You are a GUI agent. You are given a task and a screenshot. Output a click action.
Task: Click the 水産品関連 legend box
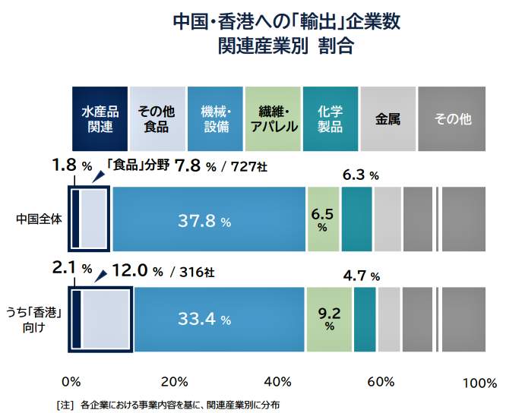100,119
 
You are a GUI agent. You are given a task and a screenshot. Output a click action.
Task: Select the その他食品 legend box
157,119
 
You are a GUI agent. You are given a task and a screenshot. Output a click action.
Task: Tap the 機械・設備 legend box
216,119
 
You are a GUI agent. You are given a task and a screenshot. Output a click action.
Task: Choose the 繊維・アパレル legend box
274,119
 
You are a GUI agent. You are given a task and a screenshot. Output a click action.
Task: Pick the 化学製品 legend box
331,119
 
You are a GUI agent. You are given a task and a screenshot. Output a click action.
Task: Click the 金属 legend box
388,119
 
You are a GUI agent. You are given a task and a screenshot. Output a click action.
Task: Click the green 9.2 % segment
329,320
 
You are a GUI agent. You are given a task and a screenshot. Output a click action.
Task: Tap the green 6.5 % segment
322,219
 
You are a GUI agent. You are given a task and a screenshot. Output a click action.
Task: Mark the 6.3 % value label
360,175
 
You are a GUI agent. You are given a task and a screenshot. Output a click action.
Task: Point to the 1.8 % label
71,165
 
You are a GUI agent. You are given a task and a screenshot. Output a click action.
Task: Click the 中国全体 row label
38,219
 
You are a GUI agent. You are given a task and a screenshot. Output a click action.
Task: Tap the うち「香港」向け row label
33,320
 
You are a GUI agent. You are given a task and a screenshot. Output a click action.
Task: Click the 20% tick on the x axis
175,381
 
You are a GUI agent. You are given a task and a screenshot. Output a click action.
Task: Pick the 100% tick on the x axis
479,383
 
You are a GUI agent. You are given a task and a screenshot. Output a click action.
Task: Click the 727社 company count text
250,166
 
